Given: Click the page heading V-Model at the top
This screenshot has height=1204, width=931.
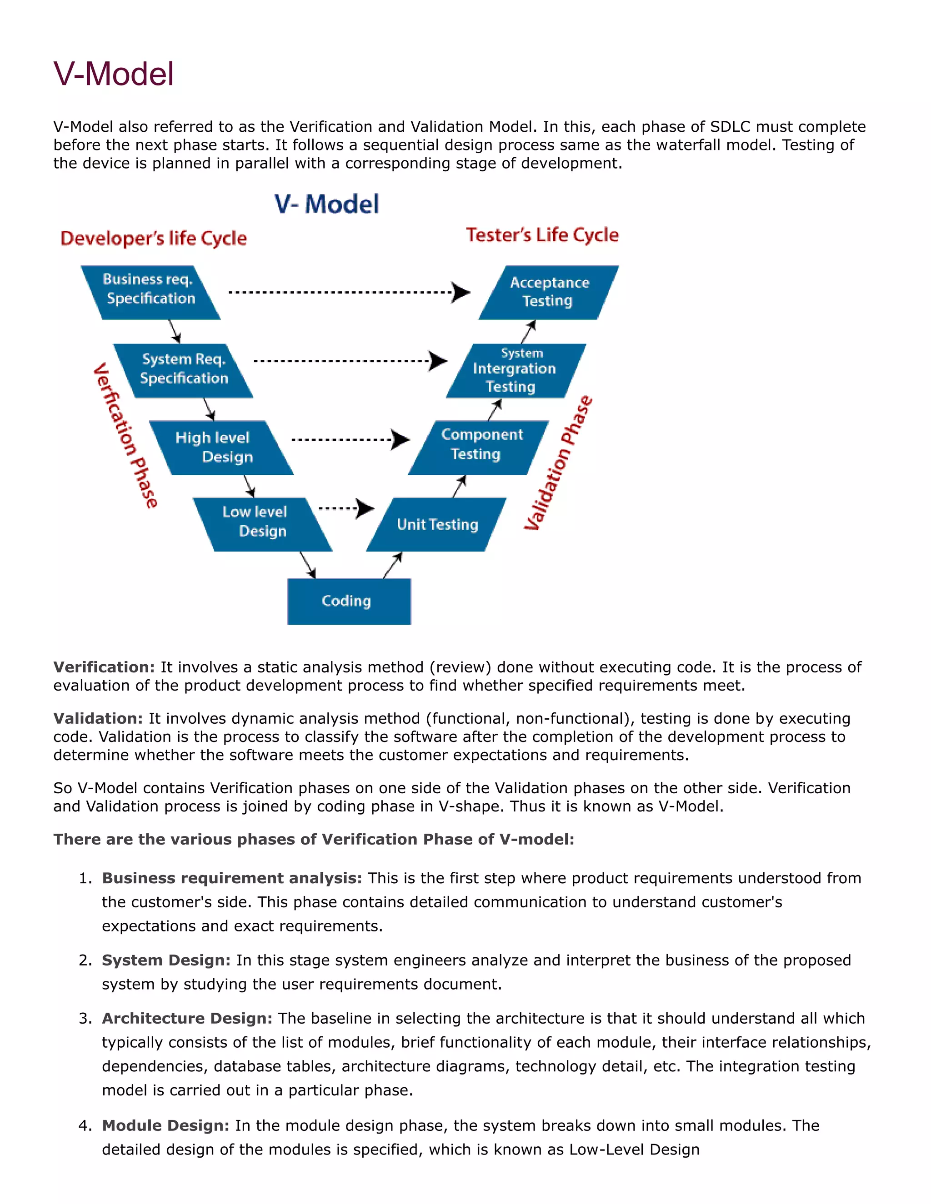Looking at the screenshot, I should tap(114, 74).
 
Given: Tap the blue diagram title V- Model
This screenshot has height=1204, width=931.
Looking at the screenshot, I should tap(326, 204).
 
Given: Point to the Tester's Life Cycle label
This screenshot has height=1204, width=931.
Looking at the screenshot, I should tap(542, 235).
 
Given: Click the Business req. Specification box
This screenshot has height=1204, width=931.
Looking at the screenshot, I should tap(150, 292).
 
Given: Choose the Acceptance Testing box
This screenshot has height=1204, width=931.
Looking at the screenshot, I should tap(549, 292).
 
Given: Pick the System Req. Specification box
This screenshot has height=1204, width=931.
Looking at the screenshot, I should tap(183, 370).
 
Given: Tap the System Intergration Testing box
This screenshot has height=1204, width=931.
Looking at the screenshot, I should tap(515, 370).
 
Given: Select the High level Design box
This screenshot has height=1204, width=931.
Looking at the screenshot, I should tap(220, 448).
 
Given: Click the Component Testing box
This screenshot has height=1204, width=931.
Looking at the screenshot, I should tap(478, 447).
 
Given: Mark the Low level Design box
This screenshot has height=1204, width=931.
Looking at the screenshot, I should tap(262, 524).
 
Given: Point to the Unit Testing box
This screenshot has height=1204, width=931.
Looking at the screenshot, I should tap(436, 524).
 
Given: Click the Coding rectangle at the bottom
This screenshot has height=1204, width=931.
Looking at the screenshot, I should tap(349, 601).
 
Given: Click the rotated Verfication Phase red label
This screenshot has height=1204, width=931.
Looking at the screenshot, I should tap(125, 436).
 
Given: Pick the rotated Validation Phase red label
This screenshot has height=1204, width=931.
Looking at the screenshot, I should tap(558, 463).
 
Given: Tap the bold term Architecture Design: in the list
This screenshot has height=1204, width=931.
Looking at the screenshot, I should tap(187, 1018).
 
